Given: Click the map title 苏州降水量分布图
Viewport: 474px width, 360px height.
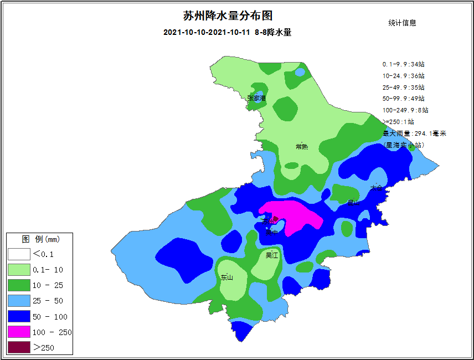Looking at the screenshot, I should pos(228,16).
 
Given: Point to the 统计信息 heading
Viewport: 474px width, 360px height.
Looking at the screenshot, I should pos(403,23).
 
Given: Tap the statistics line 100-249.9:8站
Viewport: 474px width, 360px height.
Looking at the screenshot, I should pos(405,110).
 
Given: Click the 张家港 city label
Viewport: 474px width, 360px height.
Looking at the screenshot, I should pos(256,99).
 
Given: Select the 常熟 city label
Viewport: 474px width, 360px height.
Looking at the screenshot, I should pos(302,147).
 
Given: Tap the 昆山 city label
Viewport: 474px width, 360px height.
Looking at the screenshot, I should pos(353,203).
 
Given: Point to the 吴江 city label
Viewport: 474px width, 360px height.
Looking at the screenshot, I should pos(272,255).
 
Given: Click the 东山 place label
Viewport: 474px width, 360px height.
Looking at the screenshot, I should pos(226,277).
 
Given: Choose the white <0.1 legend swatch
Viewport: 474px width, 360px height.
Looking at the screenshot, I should pos(18,254).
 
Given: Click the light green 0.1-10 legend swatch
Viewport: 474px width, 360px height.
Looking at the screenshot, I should pos(18,270).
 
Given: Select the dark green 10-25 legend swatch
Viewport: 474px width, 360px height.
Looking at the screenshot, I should pos(18,285).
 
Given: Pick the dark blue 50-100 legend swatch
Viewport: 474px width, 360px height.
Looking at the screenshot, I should pos(18,316).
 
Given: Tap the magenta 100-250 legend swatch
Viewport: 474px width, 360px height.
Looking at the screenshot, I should pos(18,332).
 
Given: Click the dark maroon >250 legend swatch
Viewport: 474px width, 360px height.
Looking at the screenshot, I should pos(18,347).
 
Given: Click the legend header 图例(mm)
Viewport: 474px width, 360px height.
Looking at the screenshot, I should pos(40,239).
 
